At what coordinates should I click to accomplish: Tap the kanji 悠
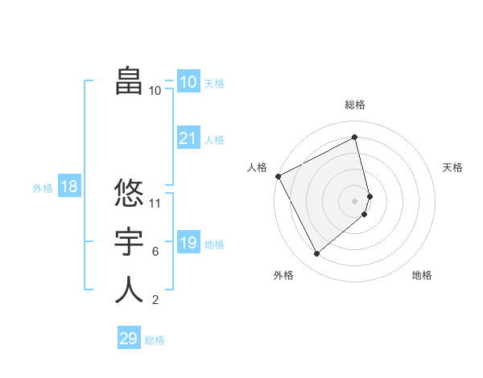[129, 193]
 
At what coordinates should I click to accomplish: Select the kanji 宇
[129, 242]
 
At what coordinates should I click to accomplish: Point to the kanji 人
[129, 290]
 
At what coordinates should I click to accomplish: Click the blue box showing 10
[188, 82]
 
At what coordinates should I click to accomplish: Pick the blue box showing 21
[188, 138]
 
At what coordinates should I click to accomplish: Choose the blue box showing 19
[188, 243]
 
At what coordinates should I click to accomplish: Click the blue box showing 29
[129, 339]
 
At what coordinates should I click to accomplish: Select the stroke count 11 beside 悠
[156, 203]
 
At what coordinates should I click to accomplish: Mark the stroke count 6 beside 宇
[155, 252]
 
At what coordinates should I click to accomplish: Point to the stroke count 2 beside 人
[155, 301]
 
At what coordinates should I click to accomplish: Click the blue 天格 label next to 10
[214, 84]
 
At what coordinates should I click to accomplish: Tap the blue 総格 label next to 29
[155, 340]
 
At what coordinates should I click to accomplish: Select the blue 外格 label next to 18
[43, 188]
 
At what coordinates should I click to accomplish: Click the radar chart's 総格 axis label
[355, 105]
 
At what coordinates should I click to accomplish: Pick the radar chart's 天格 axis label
[453, 167]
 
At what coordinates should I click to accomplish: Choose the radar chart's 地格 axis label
[422, 275]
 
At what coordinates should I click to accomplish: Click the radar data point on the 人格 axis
[278, 176]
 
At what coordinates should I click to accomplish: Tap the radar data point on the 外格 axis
[316, 254]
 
